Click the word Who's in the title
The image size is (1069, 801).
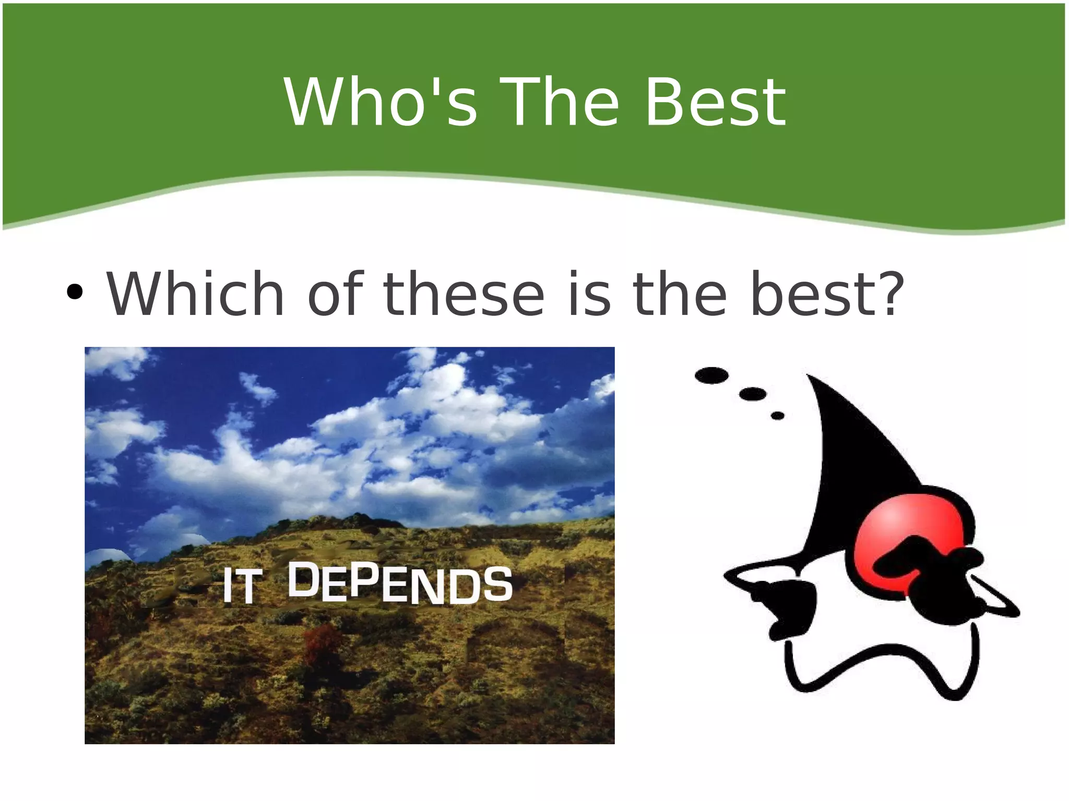pyautogui.click(x=380, y=102)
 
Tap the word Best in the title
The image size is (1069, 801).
pyautogui.click(x=715, y=102)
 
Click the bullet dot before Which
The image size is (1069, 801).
pyautogui.click(x=75, y=293)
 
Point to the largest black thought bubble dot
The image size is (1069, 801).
pyautogui.click(x=711, y=375)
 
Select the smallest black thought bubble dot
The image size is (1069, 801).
pyautogui.click(x=777, y=416)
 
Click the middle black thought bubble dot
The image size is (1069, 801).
pyautogui.click(x=753, y=394)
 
